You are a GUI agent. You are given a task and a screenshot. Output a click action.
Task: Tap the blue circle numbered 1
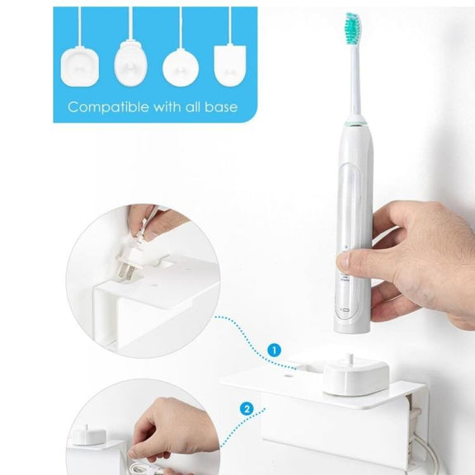coord(274,350)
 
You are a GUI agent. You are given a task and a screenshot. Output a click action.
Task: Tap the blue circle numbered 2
coord(247,409)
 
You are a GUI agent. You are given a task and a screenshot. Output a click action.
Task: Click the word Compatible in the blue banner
coord(109,107)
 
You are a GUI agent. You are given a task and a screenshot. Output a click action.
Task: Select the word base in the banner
coord(221,107)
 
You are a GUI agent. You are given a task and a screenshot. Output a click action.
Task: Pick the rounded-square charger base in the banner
coord(80,67)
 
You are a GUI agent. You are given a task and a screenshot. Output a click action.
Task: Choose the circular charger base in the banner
coord(181,68)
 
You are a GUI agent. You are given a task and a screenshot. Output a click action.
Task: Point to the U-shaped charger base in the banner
coord(230,66)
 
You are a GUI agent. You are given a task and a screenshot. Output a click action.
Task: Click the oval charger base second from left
coord(130,63)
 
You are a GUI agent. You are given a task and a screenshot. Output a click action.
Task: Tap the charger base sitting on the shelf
coord(356,376)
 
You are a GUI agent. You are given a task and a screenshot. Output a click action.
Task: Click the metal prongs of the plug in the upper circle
coord(125,271)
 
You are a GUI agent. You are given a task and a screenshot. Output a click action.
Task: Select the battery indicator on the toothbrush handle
coord(345,310)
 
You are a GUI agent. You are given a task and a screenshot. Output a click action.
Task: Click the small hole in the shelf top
coord(289,376)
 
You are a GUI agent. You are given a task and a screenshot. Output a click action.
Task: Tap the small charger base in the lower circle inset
coord(88,435)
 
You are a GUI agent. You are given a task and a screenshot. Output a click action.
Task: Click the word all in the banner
coord(192,107)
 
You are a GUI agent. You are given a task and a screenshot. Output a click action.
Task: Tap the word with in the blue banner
coord(167,107)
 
